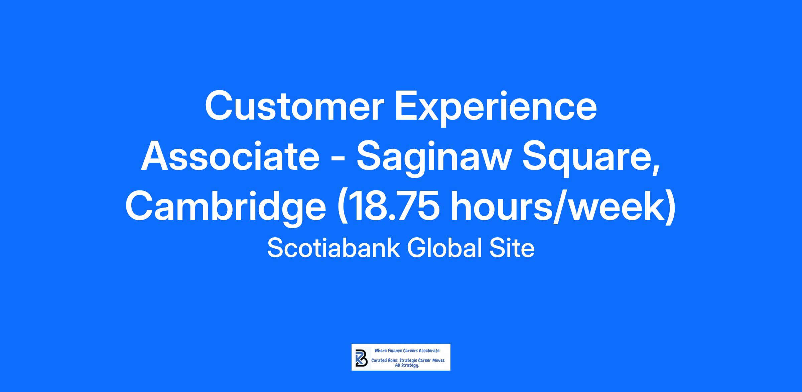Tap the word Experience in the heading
tap(496, 109)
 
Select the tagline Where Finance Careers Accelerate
tap(407, 351)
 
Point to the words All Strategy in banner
tap(407, 366)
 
